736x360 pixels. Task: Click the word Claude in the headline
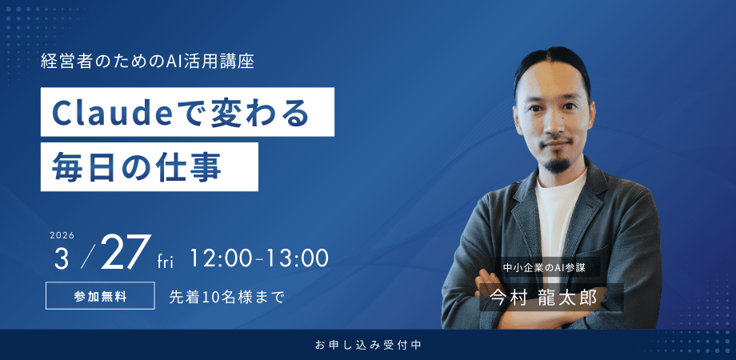100,113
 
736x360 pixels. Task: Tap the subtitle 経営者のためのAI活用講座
147,61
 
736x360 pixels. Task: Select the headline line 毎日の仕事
136,166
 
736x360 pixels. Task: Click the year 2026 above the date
62,235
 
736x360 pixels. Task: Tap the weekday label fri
166,262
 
